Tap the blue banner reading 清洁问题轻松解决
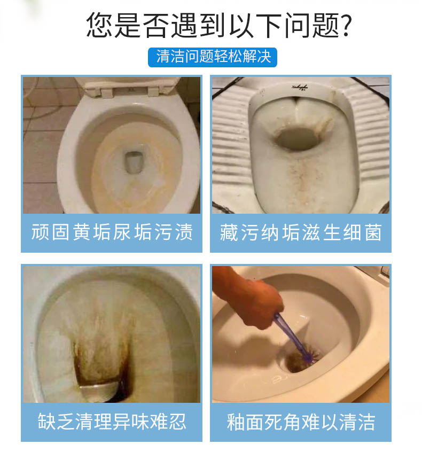click(212, 57)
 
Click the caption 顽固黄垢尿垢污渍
click(112, 232)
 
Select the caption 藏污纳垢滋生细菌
click(301, 232)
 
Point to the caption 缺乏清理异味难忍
click(112, 422)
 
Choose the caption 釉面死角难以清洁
click(301, 422)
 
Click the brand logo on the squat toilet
click(300, 87)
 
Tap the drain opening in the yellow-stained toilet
click(134, 162)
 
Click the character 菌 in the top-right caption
click(373, 232)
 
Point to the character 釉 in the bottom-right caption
click(236, 422)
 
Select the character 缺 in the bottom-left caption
click(46, 422)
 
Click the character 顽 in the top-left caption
click(40, 232)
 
